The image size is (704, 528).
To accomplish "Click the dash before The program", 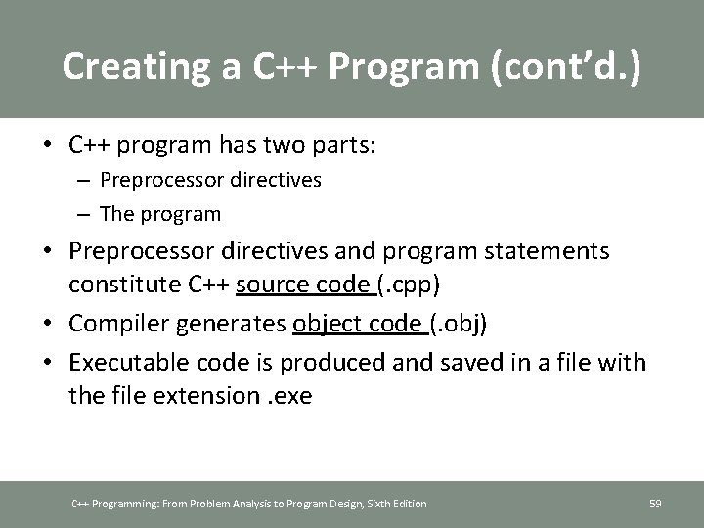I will coord(87,213).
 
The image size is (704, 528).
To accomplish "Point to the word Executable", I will coord(120,364).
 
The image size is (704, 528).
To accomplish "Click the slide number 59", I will coord(655,504).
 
